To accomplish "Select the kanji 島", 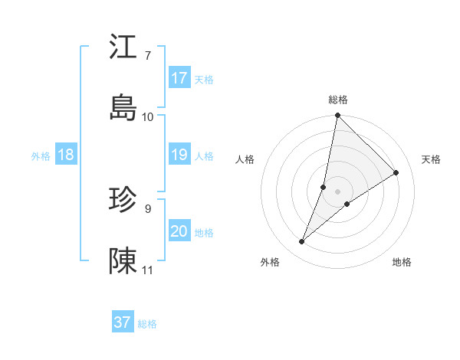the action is (124, 107).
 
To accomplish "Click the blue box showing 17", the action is (179, 78).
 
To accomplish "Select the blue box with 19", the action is (179, 155).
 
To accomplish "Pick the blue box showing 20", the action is (179, 231).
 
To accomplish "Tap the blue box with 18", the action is (65, 155).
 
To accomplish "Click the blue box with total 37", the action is (122, 322).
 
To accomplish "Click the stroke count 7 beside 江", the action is (148, 55).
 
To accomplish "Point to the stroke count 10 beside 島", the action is (148, 116).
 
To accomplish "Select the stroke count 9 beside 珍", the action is (148, 208).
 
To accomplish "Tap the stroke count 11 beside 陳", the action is (148, 270).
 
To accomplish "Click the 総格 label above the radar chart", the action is (338, 100).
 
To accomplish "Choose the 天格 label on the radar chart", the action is (431, 159).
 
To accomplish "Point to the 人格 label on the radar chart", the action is (245, 159).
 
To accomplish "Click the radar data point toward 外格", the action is (302, 242).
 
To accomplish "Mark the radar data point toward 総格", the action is (337, 116).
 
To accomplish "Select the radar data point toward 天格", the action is (396, 173).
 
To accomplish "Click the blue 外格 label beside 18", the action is (41, 156).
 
